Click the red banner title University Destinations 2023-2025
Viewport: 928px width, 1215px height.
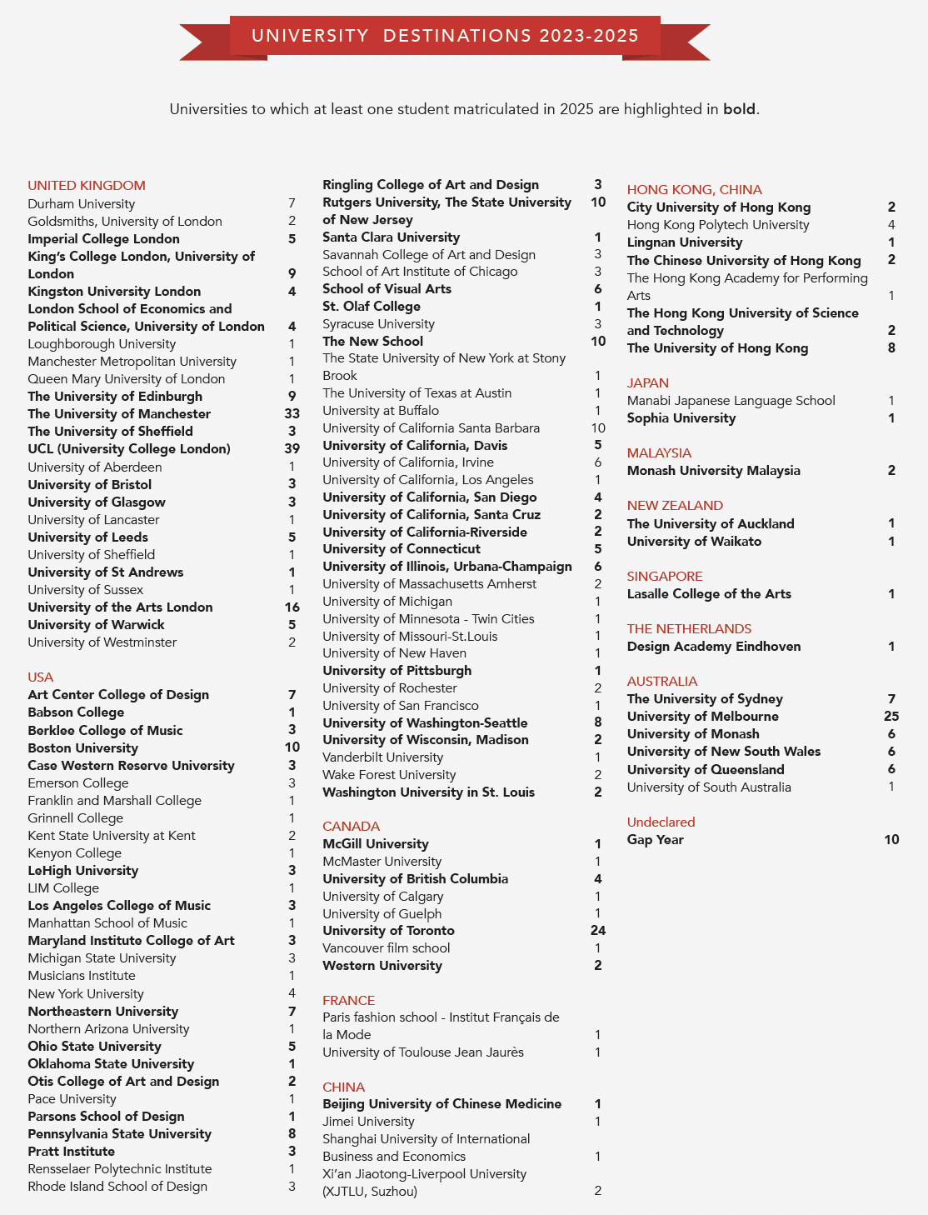pyautogui.click(x=445, y=36)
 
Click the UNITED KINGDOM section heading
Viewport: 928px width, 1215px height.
pyautogui.click(x=87, y=186)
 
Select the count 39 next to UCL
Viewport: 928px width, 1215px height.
pyautogui.click(x=292, y=449)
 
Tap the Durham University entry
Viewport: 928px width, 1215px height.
pyautogui.click(x=81, y=204)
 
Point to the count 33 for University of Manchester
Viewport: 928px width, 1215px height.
pyautogui.click(x=292, y=414)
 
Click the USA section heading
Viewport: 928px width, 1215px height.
pyautogui.click(x=40, y=677)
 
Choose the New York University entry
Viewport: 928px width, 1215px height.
pyautogui.click(x=86, y=994)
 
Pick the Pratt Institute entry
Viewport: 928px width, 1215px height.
pyautogui.click(x=71, y=1152)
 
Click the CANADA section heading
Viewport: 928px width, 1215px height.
pyautogui.click(x=351, y=827)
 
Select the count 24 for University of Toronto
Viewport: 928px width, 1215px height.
pyautogui.click(x=597, y=931)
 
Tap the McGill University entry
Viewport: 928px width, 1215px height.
pyautogui.click(x=376, y=844)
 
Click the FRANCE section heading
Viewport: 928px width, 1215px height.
pyautogui.click(x=348, y=1001)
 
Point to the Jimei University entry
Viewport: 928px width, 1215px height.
pyautogui.click(x=368, y=1122)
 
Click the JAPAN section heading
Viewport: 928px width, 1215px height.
pyautogui.click(x=647, y=383)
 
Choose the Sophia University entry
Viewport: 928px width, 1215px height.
pyautogui.click(x=681, y=418)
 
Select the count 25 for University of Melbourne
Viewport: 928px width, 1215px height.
pyautogui.click(x=891, y=717)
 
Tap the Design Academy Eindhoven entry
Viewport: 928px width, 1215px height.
pyautogui.click(x=714, y=647)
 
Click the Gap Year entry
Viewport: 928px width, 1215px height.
pyautogui.click(x=655, y=840)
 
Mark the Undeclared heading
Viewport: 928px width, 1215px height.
pyautogui.click(x=661, y=822)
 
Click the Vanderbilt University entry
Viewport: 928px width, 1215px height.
pyautogui.click(x=382, y=757)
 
